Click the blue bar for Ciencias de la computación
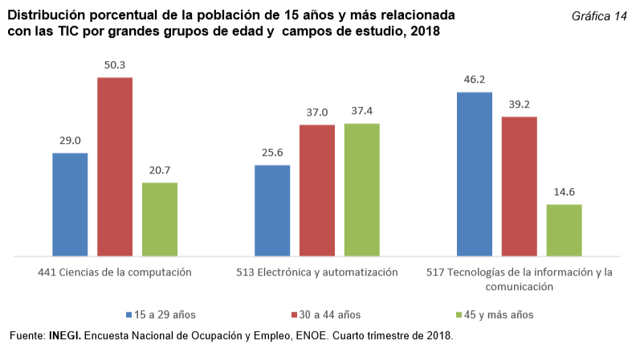click(x=70, y=205)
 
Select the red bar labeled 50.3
click(x=115, y=167)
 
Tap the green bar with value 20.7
click(x=160, y=219)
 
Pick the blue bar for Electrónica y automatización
click(x=272, y=211)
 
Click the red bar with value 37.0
click(x=317, y=191)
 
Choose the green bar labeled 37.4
click(x=362, y=190)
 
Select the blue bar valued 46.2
click(x=475, y=174)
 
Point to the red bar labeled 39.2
click(x=520, y=186)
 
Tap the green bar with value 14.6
click(x=565, y=231)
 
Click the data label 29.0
click(x=70, y=141)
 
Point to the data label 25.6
click(x=272, y=153)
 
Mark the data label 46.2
click(x=475, y=80)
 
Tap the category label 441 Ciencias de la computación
click(x=115, y=272)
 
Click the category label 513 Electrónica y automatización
click(x=317, y=272)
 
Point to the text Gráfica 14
click(x=599, y=17)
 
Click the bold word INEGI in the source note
click(x=64, y=336)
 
